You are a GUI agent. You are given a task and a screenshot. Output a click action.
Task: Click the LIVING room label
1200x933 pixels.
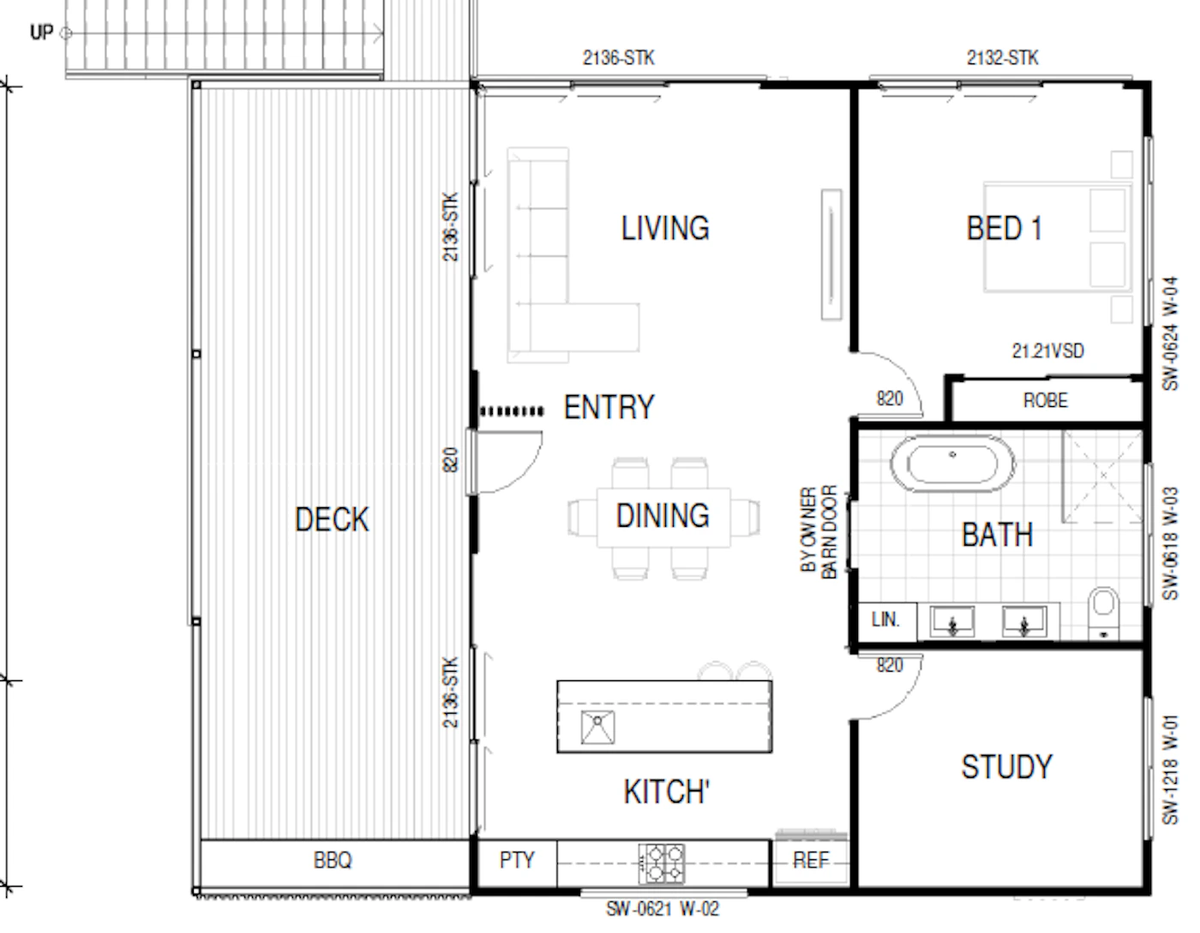point(665,228)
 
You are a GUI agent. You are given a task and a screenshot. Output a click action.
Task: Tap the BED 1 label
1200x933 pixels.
point(1004,228)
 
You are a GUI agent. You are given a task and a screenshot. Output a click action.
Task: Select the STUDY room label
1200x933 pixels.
point(1007,767)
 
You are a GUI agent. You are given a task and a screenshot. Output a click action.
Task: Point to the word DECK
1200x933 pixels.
point(332,519)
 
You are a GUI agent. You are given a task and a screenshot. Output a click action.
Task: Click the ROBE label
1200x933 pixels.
point(1046,400)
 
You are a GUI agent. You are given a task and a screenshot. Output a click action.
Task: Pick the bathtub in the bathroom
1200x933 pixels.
point(952,464)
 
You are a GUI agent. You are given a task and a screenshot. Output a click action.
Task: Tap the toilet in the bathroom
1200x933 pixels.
point(1103,613)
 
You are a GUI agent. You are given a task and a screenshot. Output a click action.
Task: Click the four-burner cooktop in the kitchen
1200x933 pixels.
point(662,863)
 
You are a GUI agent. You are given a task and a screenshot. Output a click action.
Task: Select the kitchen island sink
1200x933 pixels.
point(597,727)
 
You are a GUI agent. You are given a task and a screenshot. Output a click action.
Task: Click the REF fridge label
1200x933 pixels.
point(811,859)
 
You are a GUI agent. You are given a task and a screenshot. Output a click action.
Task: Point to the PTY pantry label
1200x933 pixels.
point(517,859)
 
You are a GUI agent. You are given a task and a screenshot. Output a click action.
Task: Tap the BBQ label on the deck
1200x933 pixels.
point(333,859)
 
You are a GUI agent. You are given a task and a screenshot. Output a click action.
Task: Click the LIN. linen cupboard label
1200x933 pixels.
point(885,619)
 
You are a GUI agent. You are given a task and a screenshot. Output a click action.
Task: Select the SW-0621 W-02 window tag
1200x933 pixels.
point(663,909)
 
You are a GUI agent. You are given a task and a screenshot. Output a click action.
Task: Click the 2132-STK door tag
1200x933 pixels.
point(1002,57)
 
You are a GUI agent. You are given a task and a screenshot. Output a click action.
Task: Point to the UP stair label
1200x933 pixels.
point(41,33)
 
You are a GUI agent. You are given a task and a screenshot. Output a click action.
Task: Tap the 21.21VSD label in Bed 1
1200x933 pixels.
point(1047,351)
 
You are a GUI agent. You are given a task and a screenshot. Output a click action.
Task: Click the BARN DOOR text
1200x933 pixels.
point(829,532)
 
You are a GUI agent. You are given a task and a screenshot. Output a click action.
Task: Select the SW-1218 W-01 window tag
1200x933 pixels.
point(1170,769)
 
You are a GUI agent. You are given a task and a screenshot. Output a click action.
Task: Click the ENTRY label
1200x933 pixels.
point(609,407)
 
